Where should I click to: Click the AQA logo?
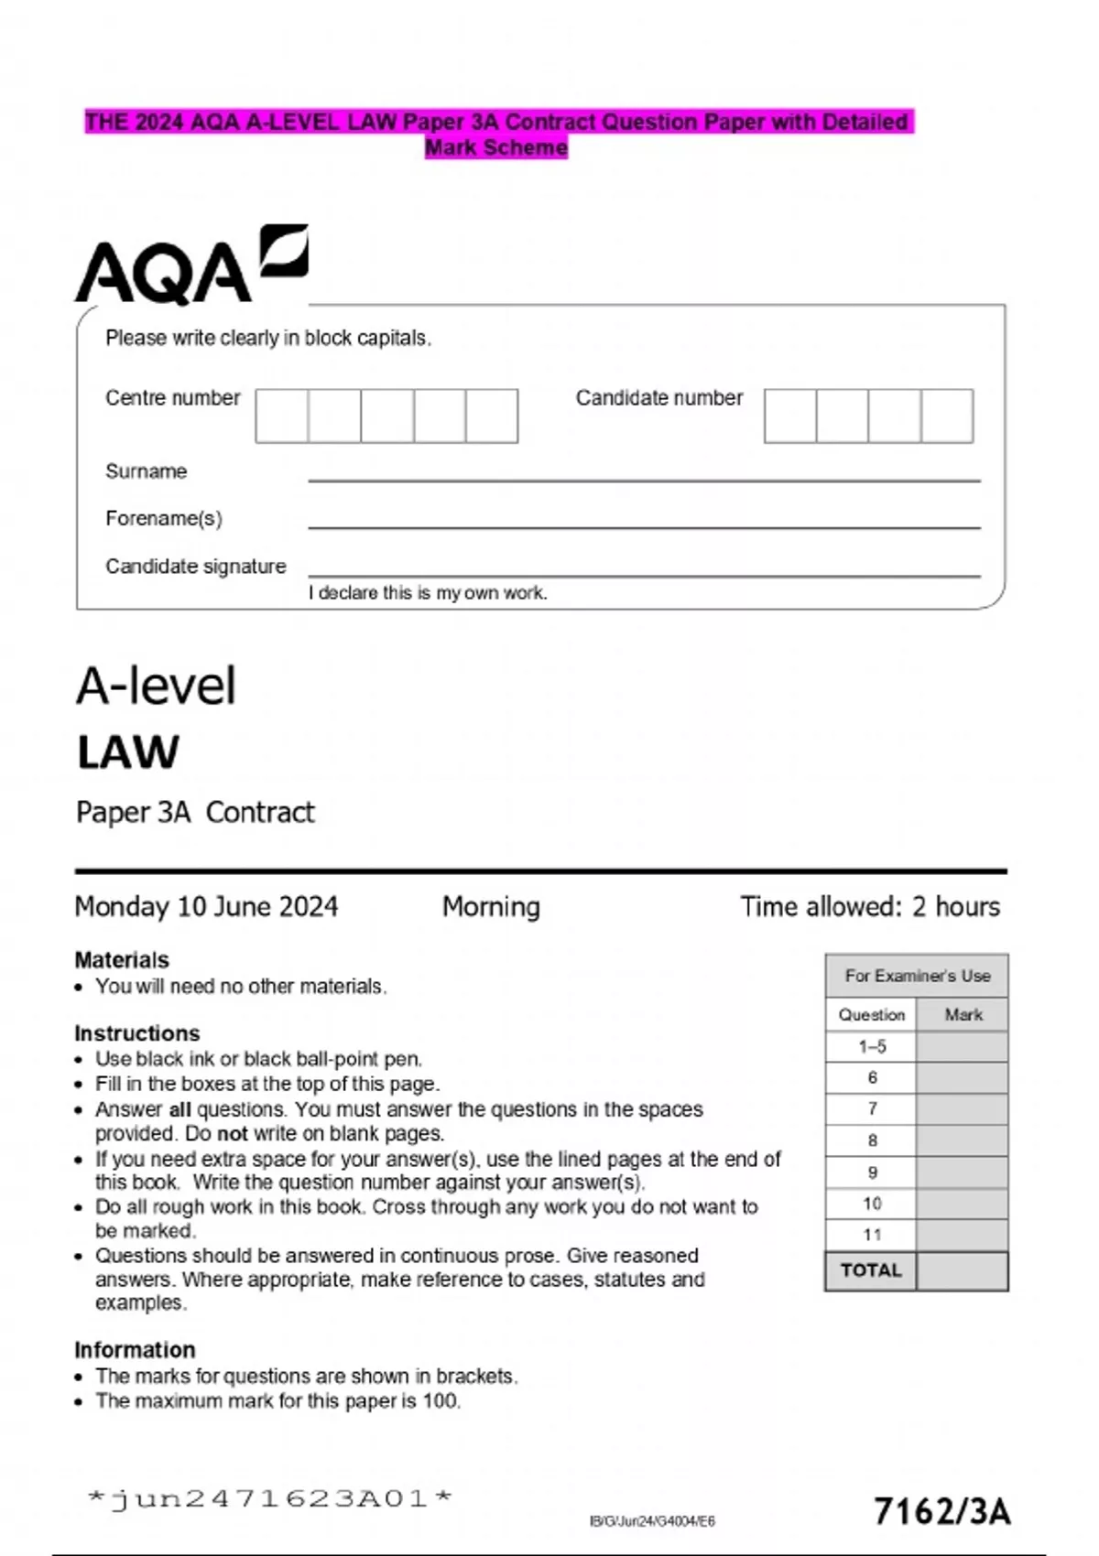click(x=190, y=265)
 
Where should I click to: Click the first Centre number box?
click(x=282, y=416)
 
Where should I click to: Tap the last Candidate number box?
click(x=947, y=416)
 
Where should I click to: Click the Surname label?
click(x=147, y=471)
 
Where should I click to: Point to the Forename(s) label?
click(x=164, y=519)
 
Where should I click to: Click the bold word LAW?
click(x=128, y=753)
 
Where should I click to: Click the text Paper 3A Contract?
click(x=195, y=813)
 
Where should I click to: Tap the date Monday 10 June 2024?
click(x=206, y=907)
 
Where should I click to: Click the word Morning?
click(x=491, y=907)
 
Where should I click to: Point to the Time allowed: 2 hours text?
click(x=870, y=907)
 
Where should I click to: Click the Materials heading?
click(x=122, y=960)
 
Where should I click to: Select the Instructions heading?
click(x=137, y=1033)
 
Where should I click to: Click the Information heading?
click(x=135, y=1350)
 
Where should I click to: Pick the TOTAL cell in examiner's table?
click(x=871, y=1270)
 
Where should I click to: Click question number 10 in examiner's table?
click(x=872, y=1204)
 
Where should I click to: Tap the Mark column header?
click(x=963, y=1015)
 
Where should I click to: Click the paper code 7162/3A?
click(x=942, y=1511)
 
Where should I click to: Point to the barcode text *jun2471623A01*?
click(x=270, y=1498)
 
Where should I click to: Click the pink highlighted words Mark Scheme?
click(x=496, y=147)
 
